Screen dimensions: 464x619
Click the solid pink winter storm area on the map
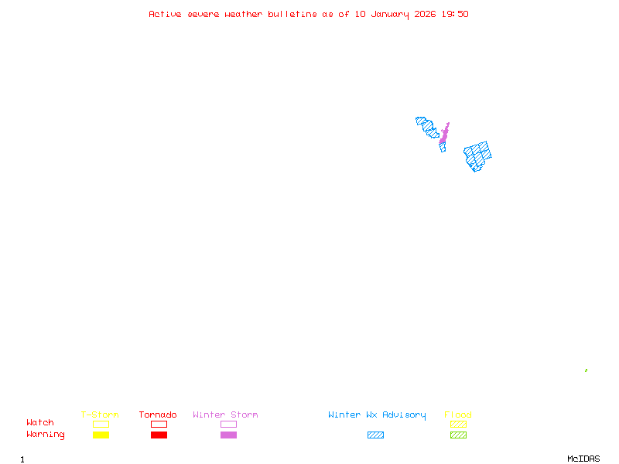coord(444,135)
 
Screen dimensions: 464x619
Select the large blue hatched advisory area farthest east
coord(478,155)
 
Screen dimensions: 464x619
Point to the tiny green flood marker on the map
coord(586,370)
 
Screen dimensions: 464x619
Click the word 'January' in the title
coord(390,14)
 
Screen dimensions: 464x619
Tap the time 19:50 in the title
coord(455,14)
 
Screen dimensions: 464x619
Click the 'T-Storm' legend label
coord(100,415)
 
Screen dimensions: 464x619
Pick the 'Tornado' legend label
coord(158,415)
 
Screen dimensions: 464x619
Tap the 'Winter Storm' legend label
coord(225,415)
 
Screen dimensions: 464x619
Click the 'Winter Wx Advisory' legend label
coord(377,415)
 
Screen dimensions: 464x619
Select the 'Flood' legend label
coord(458,415)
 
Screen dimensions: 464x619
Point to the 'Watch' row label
coord(40,423)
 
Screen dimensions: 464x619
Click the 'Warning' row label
coord(46,435)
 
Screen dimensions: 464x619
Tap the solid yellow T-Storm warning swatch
coord(101,435)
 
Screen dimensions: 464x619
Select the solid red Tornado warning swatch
coord(159,435)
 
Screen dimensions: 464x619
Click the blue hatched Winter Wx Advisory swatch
coord(375,435)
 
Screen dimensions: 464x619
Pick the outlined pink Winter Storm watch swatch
coord(228,424)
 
